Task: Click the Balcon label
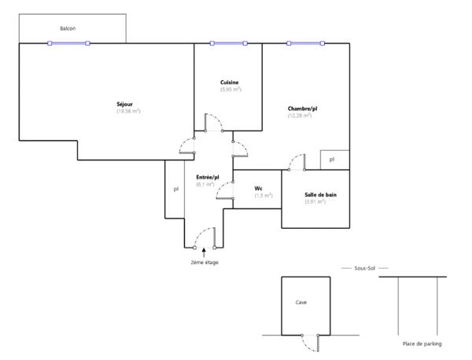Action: [68, 28]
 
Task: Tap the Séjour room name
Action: [124, 105]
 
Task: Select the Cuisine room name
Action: [230, 83]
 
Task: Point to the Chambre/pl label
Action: [302, 108]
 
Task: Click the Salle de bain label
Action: [321, 195]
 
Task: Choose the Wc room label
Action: [258, 189]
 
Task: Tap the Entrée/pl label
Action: [208, 178]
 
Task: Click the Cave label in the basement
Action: [301, 303]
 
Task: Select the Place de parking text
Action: [422, 343]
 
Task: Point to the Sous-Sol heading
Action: [365, 268]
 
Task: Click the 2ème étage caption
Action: [205, 263]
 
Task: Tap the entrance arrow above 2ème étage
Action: [204, 252]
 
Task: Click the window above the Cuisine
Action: [229, 43]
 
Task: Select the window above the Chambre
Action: [305, 43]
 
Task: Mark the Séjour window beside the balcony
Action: [68, 43]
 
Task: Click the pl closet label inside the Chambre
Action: [332, 160]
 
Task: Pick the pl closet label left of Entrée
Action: [176, 189]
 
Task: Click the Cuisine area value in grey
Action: [230, 90]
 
